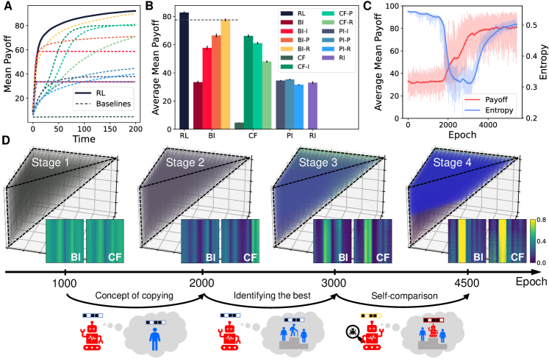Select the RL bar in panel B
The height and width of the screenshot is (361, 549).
pyautogui.click(x=184, y=71)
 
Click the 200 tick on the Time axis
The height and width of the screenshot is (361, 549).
pyautogui.click(x=135, y=129)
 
